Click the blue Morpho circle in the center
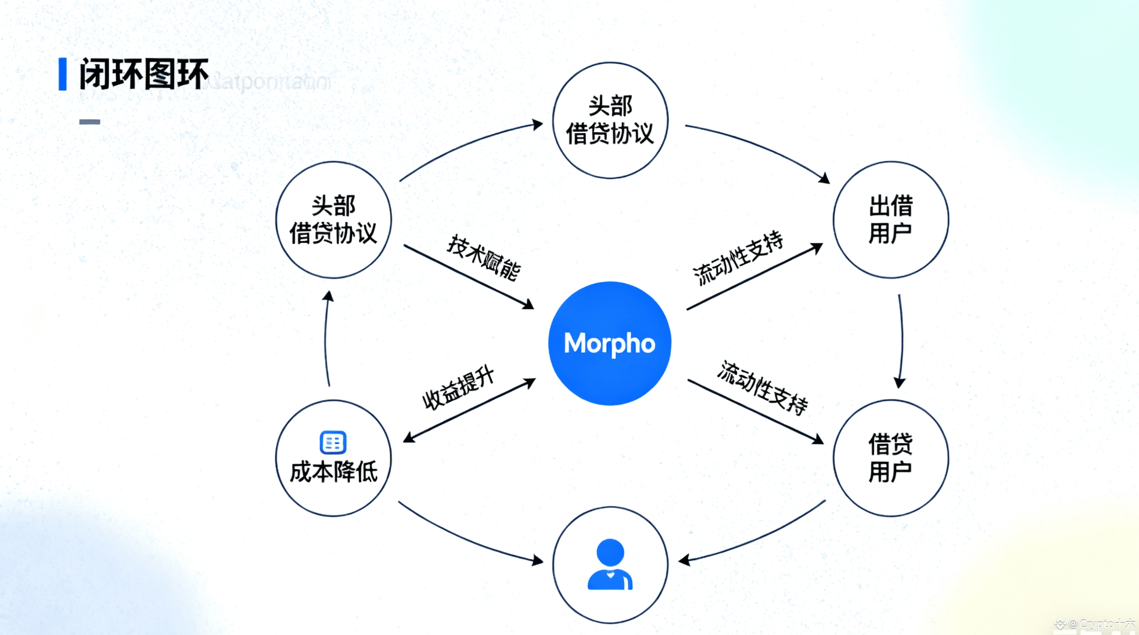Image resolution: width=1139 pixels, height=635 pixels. click(609, 343)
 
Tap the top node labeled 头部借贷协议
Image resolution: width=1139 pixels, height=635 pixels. click(610, 120)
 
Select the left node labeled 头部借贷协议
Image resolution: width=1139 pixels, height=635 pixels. click(333, 220)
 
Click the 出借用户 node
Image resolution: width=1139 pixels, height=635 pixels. click(890, 220)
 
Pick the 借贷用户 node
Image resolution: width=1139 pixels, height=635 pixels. click(890, 458)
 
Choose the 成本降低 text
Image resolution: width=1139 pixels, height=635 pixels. click(333, 472)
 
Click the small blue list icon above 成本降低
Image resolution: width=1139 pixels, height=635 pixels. click(333, 442)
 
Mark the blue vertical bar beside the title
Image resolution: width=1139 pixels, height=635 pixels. click(63, 74)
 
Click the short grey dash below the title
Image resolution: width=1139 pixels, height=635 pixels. click(89, 122)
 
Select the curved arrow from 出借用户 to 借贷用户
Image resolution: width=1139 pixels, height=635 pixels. click(901, 340)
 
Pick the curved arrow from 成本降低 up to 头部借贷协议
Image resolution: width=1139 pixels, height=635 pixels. click(326, 340)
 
